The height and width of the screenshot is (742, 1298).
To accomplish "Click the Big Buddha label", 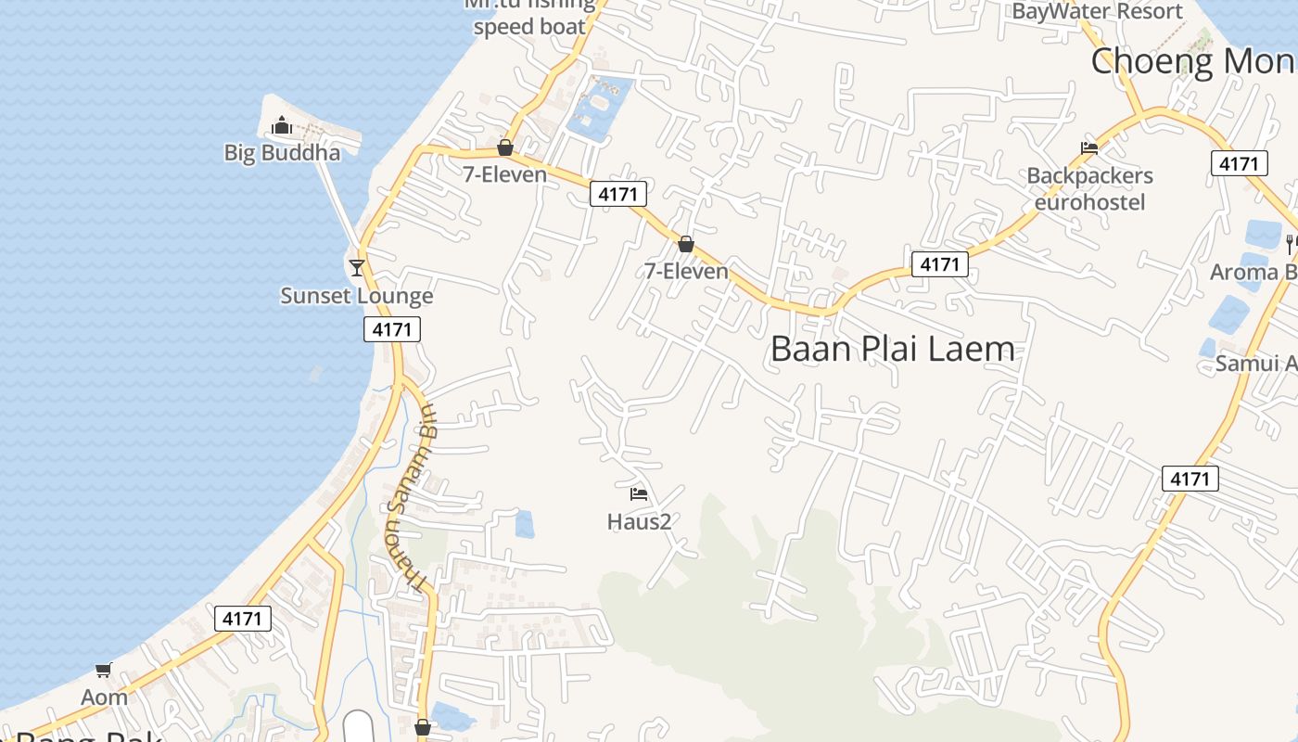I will [x=282, y=153].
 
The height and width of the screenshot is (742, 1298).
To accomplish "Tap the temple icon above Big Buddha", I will [x=282, y=125].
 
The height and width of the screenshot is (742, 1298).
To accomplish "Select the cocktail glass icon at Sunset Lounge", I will [x=357, y=268].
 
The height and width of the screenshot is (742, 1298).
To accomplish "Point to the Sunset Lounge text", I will [x=357, y=296].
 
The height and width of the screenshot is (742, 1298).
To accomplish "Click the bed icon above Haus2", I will [x=639, y=493].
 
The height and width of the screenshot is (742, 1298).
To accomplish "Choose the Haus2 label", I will [x=639, y=521].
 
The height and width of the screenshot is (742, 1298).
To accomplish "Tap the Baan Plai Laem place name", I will [x=892, y=350].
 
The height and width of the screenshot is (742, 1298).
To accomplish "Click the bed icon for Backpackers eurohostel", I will [x=1089, y=148].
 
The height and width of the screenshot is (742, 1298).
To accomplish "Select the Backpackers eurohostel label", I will [x=1089, y=189].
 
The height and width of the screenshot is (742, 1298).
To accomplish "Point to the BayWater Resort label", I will [x=1097, y=12].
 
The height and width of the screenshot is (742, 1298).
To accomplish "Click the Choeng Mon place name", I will [x=1192, y=61].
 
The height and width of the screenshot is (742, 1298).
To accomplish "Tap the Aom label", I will [x=104, y=697].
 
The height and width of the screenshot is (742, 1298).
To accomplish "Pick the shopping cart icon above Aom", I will [x=103, y=670].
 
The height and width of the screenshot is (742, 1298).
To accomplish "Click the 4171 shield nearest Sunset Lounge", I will [x=392, y=328].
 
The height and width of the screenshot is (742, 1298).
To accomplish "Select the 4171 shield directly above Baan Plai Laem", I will [x=939, y=264].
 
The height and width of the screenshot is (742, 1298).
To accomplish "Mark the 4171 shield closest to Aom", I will [x=243, y=619].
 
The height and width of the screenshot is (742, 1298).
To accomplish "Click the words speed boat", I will [x=529, y=27].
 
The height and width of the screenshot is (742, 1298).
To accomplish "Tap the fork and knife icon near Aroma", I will [x=1290, y=244].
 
